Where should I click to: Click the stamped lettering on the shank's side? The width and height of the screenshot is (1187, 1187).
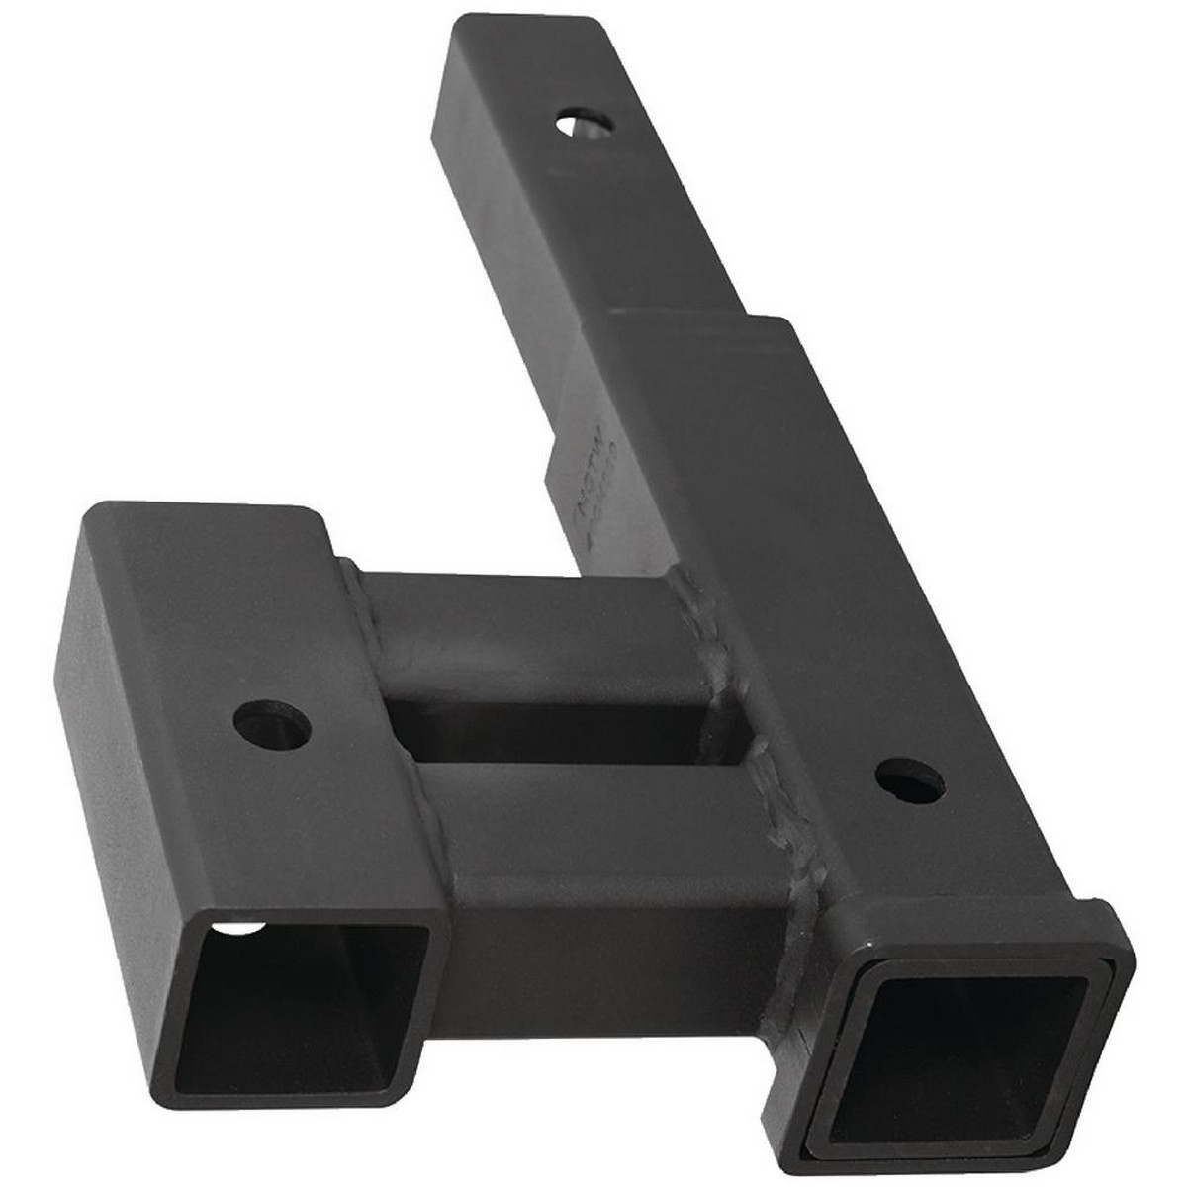584,519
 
